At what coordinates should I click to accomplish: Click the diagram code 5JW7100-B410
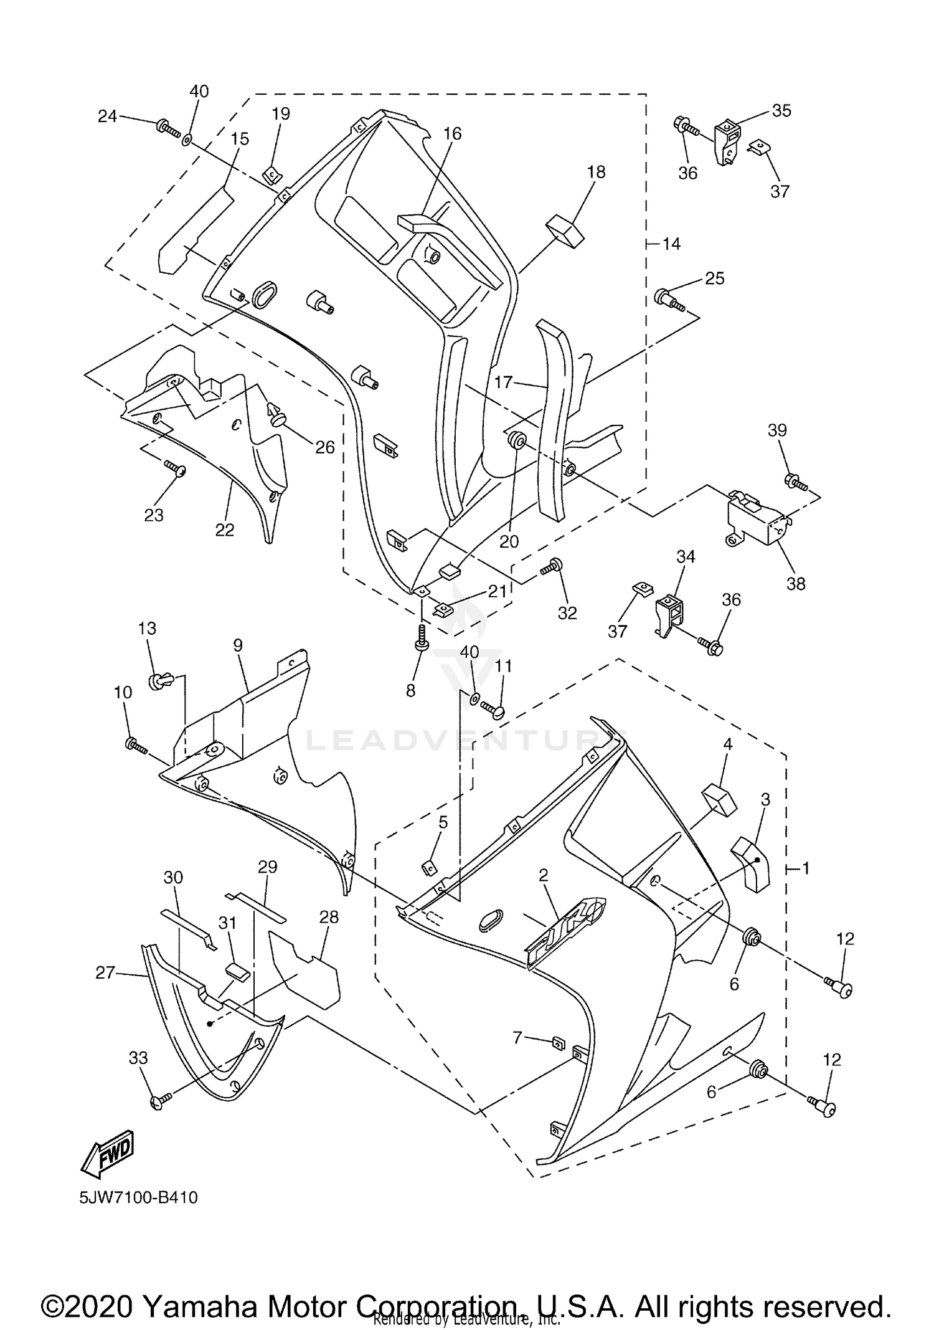(x=139, y=1197)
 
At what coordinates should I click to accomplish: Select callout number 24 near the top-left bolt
(x=108, y=116)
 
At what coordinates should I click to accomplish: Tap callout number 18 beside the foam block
(x=596, y=172)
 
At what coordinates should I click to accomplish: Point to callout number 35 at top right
(x=781, y=110)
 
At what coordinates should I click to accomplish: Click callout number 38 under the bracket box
(x=796, y=584)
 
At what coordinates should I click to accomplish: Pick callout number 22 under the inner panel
(x=225, y=530)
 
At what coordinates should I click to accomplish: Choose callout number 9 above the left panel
(x=238, y=646)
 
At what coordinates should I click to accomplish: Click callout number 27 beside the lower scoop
(x=105, y=972)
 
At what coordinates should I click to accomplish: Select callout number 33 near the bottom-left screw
(x=138, y=1058)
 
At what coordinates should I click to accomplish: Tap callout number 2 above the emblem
(x=544, y=875)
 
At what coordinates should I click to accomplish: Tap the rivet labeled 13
(x=159, y=681)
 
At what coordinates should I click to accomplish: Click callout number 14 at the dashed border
(x=671, y=244)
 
